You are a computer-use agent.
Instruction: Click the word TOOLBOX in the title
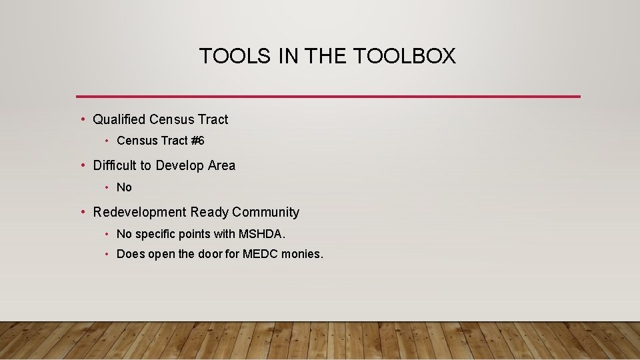tap(405, 57)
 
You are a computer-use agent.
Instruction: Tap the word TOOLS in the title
tap(235, 57)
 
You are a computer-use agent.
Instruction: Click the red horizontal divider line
tap(328, 97)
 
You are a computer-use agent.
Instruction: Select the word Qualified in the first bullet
tap(119, 119)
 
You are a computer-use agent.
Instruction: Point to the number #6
tap(197, 141)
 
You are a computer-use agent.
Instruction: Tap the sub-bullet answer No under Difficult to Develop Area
tap(124, 187)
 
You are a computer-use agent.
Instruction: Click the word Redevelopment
tap(139, 212)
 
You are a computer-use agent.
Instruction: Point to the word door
tap(209, 254)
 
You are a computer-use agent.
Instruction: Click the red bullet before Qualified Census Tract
tap(83, 119)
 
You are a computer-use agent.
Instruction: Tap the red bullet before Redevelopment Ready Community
tap(83, 212)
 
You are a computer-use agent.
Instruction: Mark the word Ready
tap(209, 212)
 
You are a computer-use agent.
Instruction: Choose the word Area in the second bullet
tap(222, 165)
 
